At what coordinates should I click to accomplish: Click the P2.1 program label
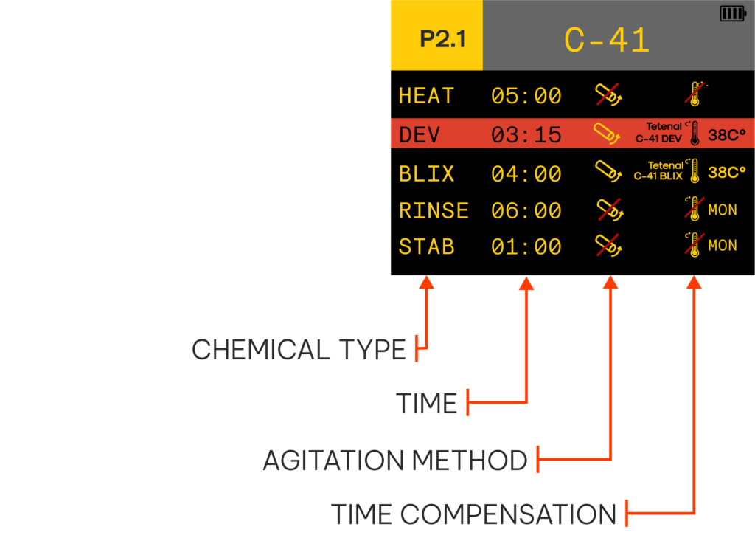click(443, 39)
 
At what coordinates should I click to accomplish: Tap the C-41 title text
click(607, 40)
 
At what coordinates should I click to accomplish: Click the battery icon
click(733, 13)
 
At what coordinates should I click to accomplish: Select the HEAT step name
click(427, 95)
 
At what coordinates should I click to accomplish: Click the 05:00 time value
click(526, 95)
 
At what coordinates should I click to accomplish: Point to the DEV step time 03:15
click(526, 134)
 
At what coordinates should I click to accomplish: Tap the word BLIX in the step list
click(427, 173)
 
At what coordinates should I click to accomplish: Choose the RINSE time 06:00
click(526, 210)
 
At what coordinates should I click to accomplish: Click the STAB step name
click(427, 246)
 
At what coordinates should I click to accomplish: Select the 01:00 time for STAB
click(526, 246)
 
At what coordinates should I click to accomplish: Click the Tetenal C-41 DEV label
click(658, 133)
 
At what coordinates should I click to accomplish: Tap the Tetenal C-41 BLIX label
click(658, 170)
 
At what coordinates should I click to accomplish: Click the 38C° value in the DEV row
click(726, 135)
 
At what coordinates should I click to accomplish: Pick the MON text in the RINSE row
click(723, 210)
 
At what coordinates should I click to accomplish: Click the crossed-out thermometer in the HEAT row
click(695, 94)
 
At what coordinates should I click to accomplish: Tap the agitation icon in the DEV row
click(608, 134)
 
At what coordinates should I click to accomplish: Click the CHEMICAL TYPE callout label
click(299, 350)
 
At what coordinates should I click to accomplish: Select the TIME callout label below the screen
click(427, 403)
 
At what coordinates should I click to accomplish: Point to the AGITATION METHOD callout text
click(395, 460)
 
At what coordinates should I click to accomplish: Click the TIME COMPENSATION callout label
click(474, 514)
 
